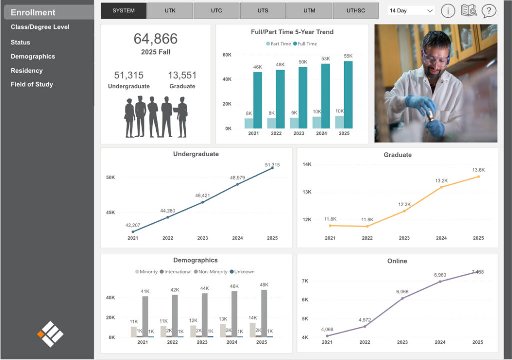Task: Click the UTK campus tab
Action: point(170,10)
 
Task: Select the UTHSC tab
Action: point(356,10)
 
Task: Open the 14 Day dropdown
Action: point(411,10)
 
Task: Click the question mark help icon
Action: point(489,10)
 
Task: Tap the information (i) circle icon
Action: point(448,10)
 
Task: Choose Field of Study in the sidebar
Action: point(32,84)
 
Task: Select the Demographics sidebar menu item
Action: point(33,56)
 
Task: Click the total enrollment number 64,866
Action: point(155,39)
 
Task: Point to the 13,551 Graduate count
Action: point(182,75)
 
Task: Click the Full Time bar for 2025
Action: point(348,95)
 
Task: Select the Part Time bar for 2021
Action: point(249,123)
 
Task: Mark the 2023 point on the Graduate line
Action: point(404,211)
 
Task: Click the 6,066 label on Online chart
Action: point(403,291)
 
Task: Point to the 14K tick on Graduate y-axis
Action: point(307,164)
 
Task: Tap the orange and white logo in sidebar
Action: point(50,334)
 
